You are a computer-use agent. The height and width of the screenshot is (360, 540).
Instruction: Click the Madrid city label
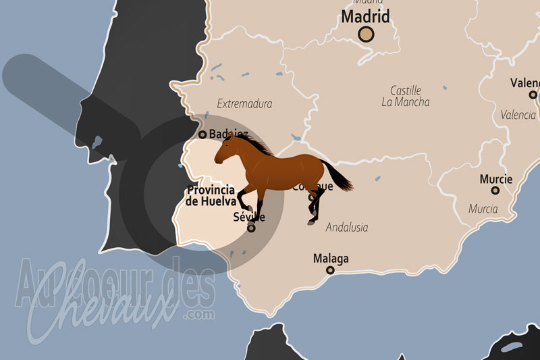[366, 16]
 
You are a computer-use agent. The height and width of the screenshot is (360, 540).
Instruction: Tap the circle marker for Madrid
[366, 34]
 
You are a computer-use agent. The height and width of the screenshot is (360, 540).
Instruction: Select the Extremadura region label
[244, 104]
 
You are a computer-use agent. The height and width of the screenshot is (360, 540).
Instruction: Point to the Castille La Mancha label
[405, 96]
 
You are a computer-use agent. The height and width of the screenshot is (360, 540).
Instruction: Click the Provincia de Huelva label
[212, 195]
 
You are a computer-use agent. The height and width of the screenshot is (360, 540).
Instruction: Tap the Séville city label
[248, 217]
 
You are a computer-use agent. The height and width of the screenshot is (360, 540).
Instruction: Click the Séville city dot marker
[251, 228]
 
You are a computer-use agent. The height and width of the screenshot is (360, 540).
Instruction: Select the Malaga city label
[331, 259]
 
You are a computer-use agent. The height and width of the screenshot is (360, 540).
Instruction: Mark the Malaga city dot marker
[331, 270]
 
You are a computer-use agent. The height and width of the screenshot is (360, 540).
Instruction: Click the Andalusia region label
[347, 228]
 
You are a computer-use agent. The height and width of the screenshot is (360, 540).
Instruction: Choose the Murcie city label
[495, 179]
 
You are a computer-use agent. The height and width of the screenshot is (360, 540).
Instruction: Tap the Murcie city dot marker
[495, 190]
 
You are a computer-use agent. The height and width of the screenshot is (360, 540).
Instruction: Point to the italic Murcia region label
[483, 209]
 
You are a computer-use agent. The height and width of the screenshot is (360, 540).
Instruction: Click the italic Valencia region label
[518, 115]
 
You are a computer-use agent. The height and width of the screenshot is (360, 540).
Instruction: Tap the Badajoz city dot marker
[202, 135]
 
